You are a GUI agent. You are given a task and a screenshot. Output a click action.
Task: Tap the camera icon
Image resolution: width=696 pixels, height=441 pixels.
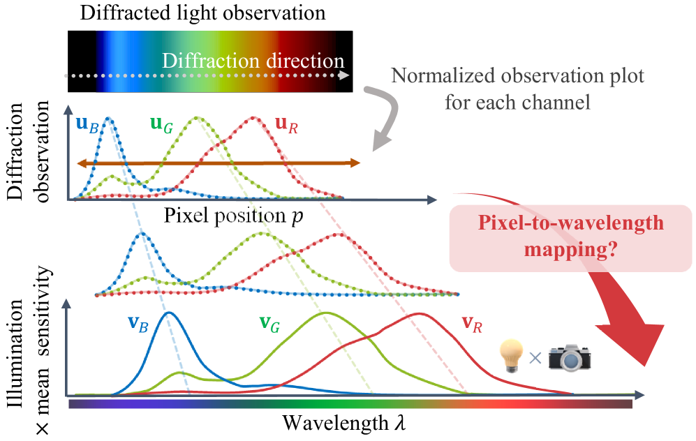pos(570,356)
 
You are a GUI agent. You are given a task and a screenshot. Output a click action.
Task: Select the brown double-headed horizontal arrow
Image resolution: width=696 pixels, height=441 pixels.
pos(218,163)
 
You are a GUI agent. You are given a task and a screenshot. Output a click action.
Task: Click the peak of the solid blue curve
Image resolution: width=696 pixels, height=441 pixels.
pos(168,313)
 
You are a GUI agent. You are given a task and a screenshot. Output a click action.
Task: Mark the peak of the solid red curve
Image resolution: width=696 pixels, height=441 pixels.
pos(418,313)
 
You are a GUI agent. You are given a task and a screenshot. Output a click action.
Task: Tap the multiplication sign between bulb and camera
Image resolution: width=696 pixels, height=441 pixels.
pos(535,358)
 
